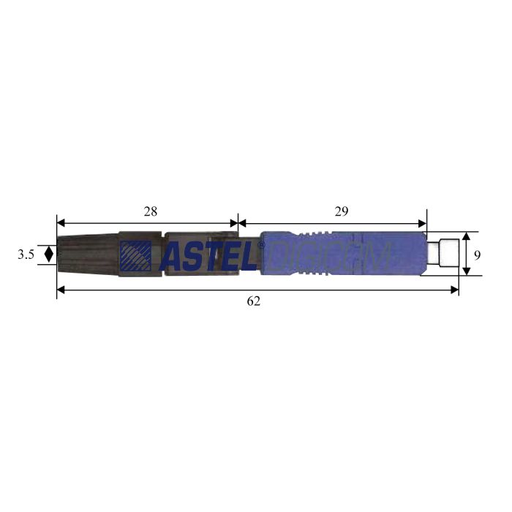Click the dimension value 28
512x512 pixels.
[x=150, y=211]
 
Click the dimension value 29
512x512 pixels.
[x=342, y=211]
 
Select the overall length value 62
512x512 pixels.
[x=253, y=301]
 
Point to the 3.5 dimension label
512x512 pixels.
[x=26, y=255]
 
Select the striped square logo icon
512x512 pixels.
[x=136, y=256]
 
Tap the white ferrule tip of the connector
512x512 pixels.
[x=443, y=253]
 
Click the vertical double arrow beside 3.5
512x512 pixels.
[x=48, y=255]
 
